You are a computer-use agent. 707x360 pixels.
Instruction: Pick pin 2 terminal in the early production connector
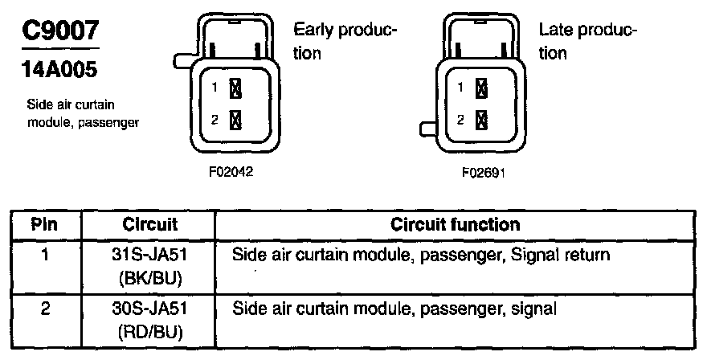coord(236,121)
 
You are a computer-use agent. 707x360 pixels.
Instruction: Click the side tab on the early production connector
coord(181,60)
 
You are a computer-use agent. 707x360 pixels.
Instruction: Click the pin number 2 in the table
coord(46,307)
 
